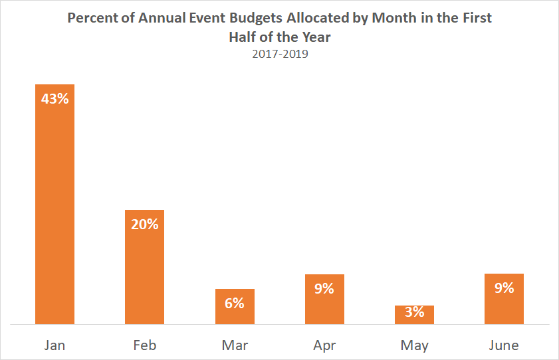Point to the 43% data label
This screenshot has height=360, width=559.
click(55, 98)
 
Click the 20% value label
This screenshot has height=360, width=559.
click(144, 224)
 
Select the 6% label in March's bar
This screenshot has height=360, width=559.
click(234, 303)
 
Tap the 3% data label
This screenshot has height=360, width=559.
click(414, 311)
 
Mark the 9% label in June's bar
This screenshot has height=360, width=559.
click(504, 288)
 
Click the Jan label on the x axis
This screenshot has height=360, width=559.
click(55, 345)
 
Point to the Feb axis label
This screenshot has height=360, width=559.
click(144, 345)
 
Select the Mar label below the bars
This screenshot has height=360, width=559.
click(234, 345)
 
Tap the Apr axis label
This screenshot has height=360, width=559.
click(324, 345)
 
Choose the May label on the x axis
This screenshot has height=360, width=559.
click(414, 345)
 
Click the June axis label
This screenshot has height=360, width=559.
click(504, 345)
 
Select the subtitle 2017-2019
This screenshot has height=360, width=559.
click(280, 54)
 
